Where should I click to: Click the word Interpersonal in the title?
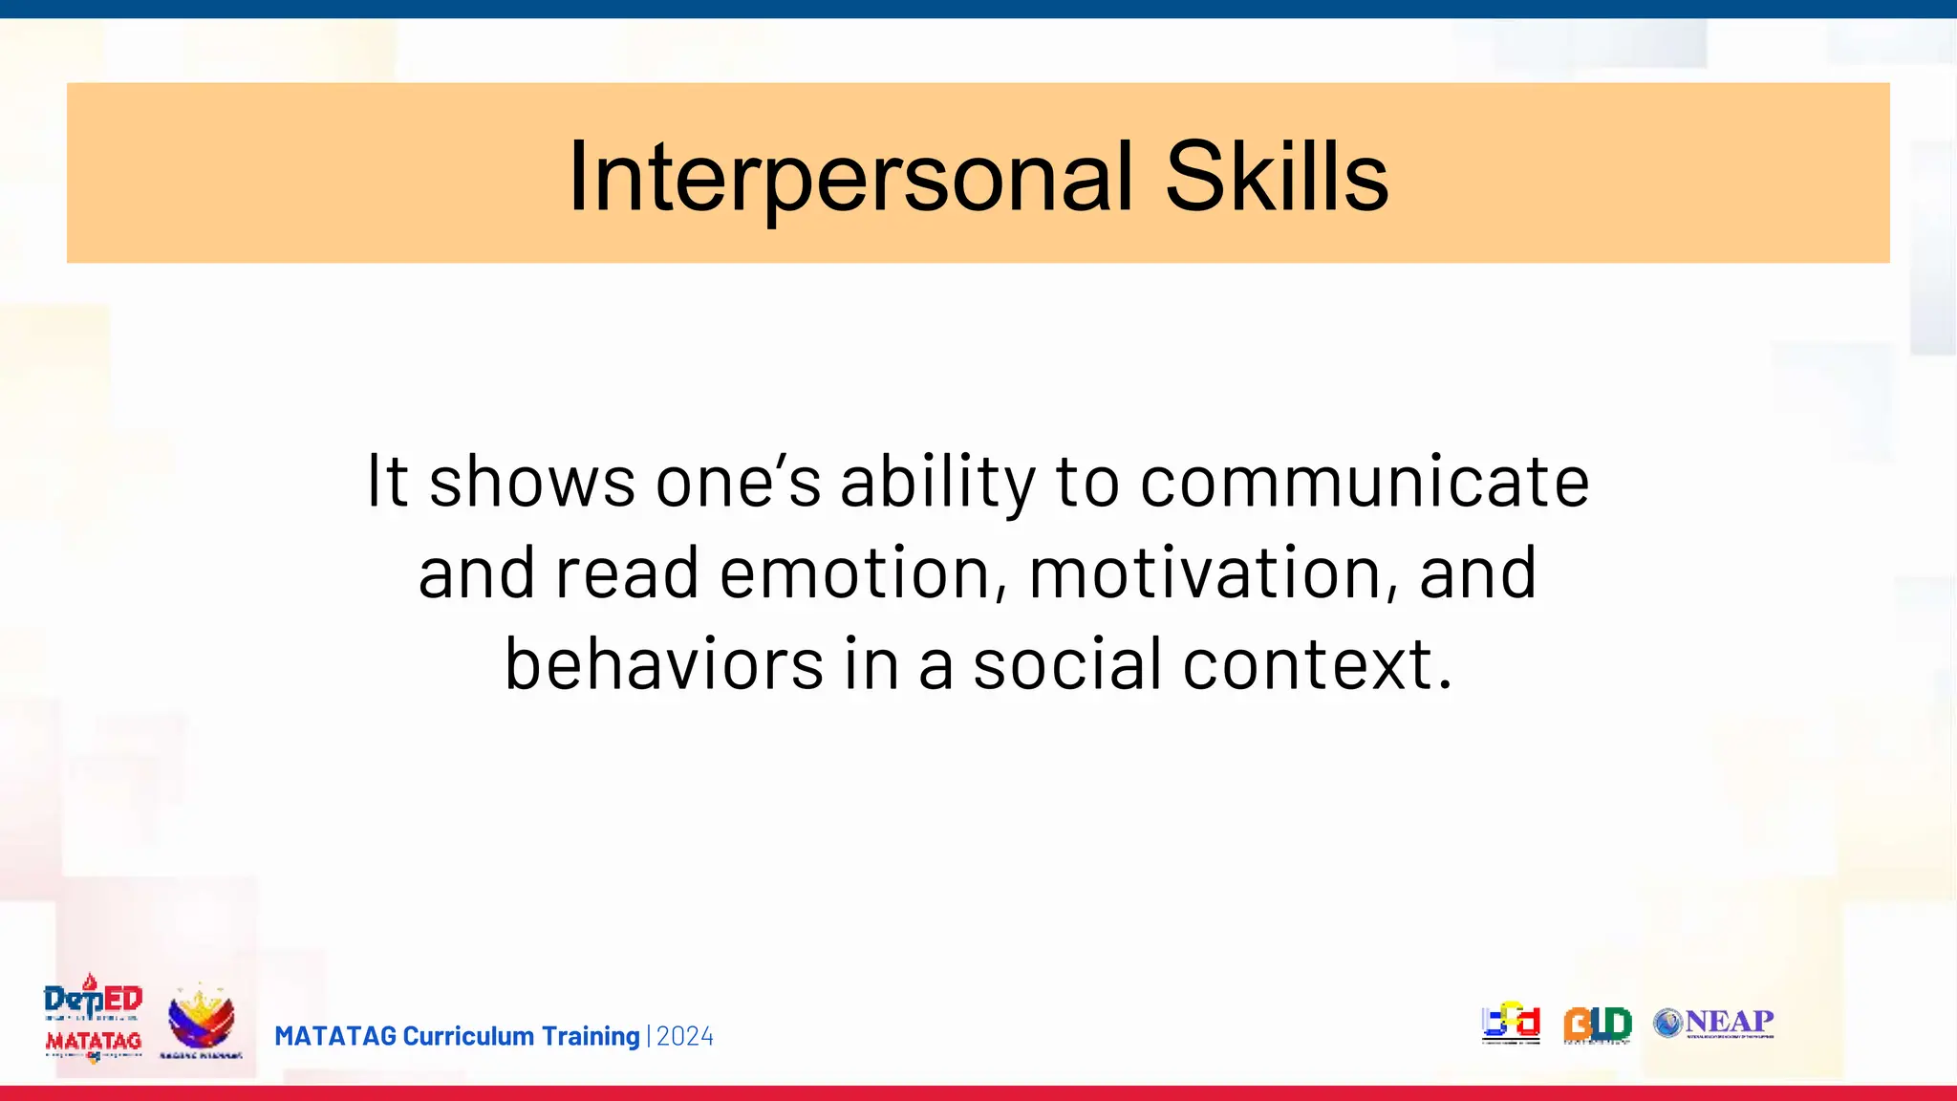click(x=850, y=178)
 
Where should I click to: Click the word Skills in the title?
click(x=1276, y=178)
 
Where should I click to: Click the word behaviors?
click(x=664, y=664)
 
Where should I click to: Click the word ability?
click(x=937, y=482)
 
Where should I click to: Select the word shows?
click(x=532, y=482)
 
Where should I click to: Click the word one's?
click(x=738, y=482)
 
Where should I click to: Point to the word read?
click(x=627, y=573)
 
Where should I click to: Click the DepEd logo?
click(x=93, y=999)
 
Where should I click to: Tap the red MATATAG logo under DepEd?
click(x=93, y=1042)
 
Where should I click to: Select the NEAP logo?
click(x=1714, y=1023)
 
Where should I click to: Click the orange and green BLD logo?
click(x=1597, y=1025)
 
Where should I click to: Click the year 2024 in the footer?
click(x=685, y=1037)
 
